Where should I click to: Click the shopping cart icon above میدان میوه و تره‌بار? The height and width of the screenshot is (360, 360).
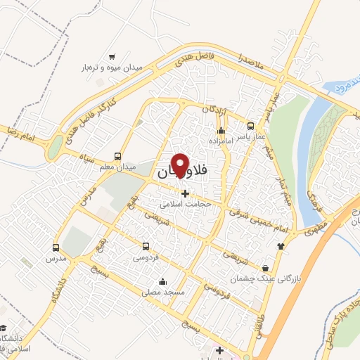112,57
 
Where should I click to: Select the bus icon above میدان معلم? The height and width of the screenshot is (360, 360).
117,157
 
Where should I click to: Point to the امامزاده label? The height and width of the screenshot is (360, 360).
221,141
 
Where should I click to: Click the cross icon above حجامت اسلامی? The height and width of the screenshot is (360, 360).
185,193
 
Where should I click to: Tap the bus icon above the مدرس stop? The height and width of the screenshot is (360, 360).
56,247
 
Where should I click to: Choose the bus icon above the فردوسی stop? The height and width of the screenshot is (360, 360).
146,246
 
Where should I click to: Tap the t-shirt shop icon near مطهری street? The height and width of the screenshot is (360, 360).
282,245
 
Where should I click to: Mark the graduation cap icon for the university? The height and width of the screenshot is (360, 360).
4,328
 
